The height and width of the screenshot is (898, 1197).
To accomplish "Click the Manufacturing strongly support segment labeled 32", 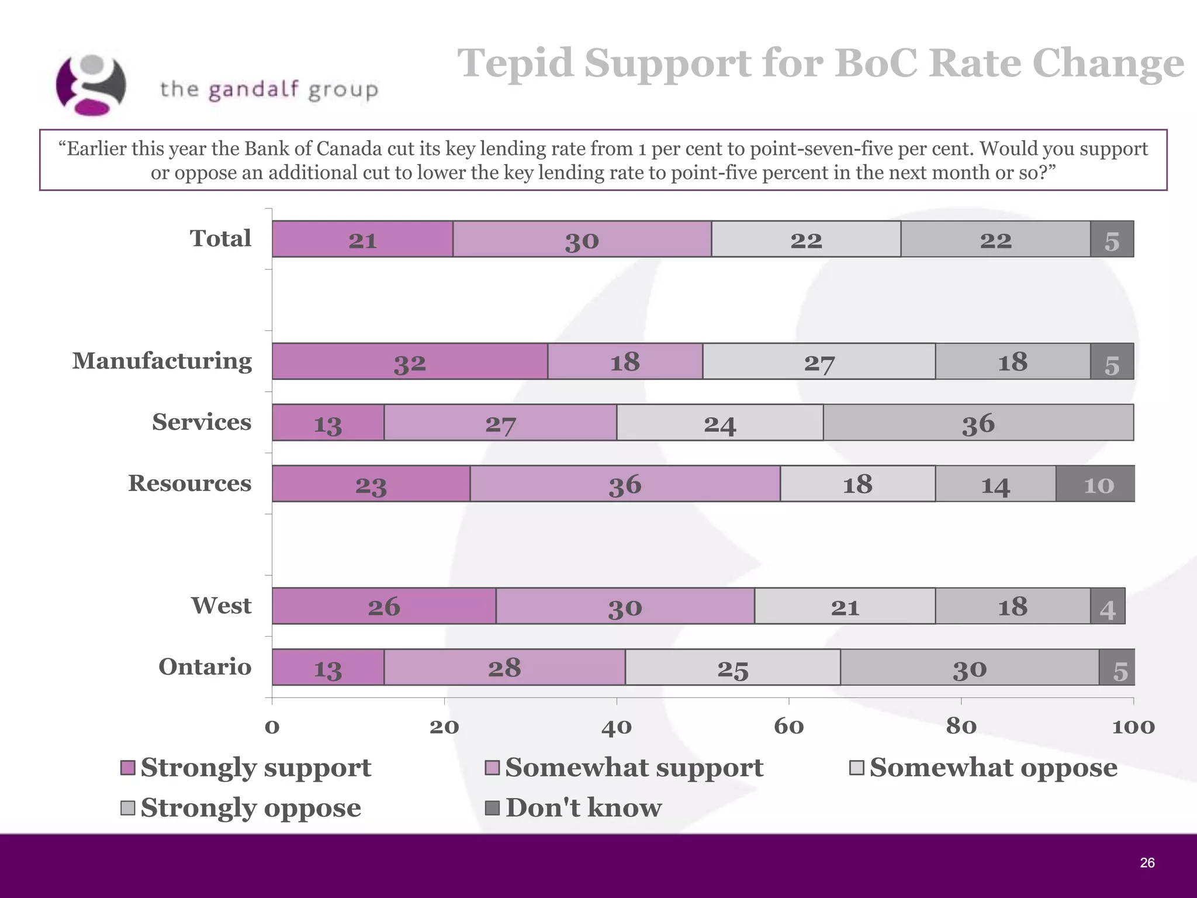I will tap(410, 362).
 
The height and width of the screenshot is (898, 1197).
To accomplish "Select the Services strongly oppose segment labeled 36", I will tap(978, 423).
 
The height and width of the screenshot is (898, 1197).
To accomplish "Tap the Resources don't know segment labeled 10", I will tap(1095, 484).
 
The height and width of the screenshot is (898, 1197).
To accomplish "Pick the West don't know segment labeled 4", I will tap(1107, 607).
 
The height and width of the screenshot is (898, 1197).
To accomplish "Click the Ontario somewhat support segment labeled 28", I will tap(504, 668).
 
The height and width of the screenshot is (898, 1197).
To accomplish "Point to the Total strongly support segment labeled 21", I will tap(362, 240).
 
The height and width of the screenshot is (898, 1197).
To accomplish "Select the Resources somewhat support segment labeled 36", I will tap(625, 484).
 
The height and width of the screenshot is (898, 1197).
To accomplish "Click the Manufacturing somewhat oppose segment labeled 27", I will tap(818, 362).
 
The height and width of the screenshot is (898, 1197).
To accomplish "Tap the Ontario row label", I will tap(205, 667).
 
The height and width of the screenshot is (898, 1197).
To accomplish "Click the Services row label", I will tap(202, 422).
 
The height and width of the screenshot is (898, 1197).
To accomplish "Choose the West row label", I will tap(221, 606).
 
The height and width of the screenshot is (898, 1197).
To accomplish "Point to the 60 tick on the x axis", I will tap(788, 727).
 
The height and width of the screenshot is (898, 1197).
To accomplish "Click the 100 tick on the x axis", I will tap(1133, 727).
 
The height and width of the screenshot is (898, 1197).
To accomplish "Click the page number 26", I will tap(1147, 863).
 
